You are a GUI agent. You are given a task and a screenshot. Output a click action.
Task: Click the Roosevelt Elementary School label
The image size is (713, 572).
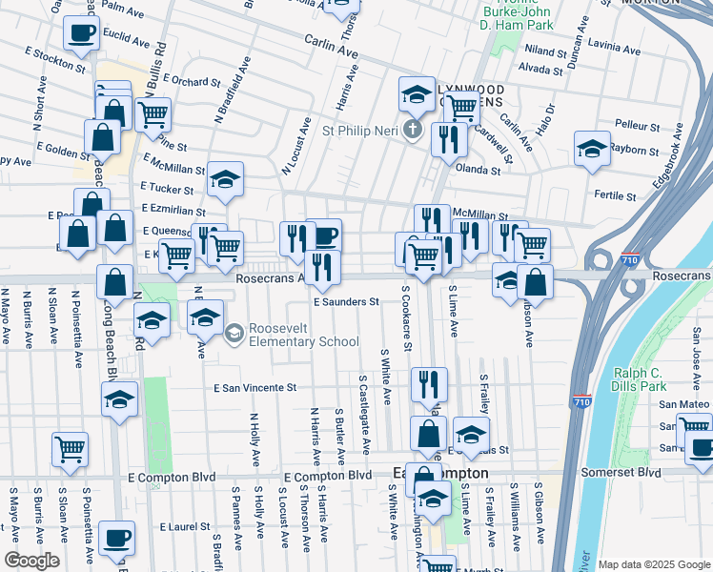pyautogui.click(x=303, y=335)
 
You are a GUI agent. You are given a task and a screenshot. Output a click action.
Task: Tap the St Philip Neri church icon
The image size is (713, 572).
pyautogui.click(x=413, y=131)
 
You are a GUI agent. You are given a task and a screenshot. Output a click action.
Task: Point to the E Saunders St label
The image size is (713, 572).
pyautogui.click(x=347, y=301)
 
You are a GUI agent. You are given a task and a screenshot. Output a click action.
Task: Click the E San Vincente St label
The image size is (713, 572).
pyautogui.click(x=255, y=388)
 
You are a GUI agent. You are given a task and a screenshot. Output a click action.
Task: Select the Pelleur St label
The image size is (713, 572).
pyautogui.click(x=638, y=125)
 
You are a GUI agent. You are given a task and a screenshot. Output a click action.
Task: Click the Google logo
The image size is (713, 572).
pyautogui.click(x=31, y=561)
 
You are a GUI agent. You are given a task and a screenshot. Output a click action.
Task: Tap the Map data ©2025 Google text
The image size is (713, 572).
pyautogui.click(x=654, y=564)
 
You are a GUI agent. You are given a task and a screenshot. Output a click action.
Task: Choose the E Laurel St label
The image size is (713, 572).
pyautogui.click(x=184, y=526)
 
